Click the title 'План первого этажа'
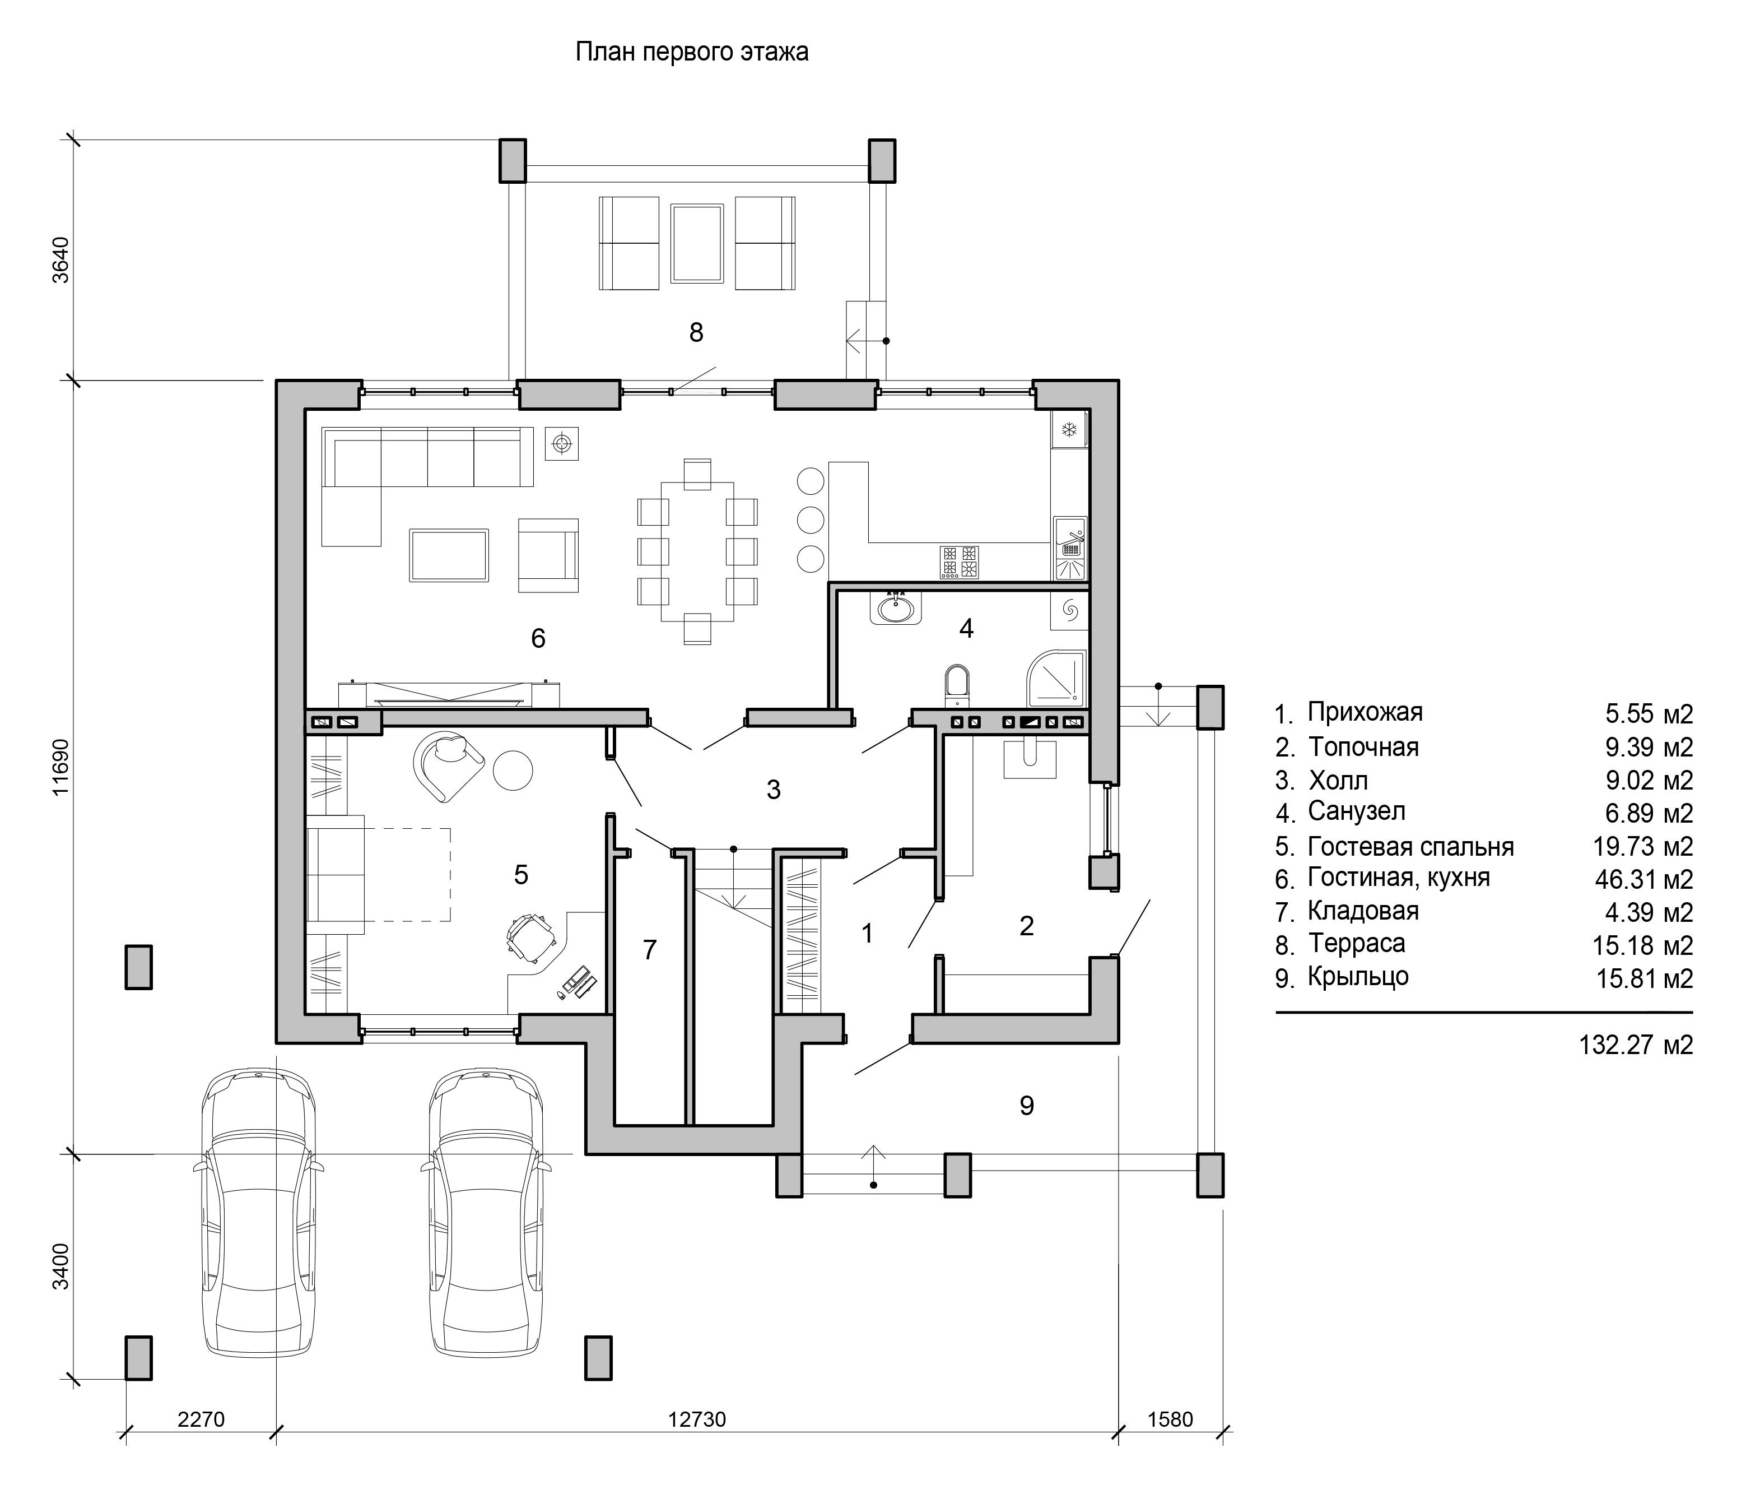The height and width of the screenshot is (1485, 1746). pos(692,52)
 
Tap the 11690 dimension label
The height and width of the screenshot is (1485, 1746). pos(60,767)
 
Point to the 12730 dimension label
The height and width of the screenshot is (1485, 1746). pos(697,1419)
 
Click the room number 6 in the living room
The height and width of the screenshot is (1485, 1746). pos(538,638)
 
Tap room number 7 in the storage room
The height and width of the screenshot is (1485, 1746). pos(650,950)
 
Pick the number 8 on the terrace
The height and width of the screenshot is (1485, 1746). pos(696,332)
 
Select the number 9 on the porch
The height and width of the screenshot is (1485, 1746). pos(1027,1105)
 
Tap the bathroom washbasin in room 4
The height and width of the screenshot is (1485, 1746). pos(895,608)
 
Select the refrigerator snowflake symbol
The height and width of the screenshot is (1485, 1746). pos(1069,431)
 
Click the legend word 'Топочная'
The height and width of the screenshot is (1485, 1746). pos(1363,748)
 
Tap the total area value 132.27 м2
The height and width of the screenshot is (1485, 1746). pos(1636,1045)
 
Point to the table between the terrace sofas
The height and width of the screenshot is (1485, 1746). pos(697,243)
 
